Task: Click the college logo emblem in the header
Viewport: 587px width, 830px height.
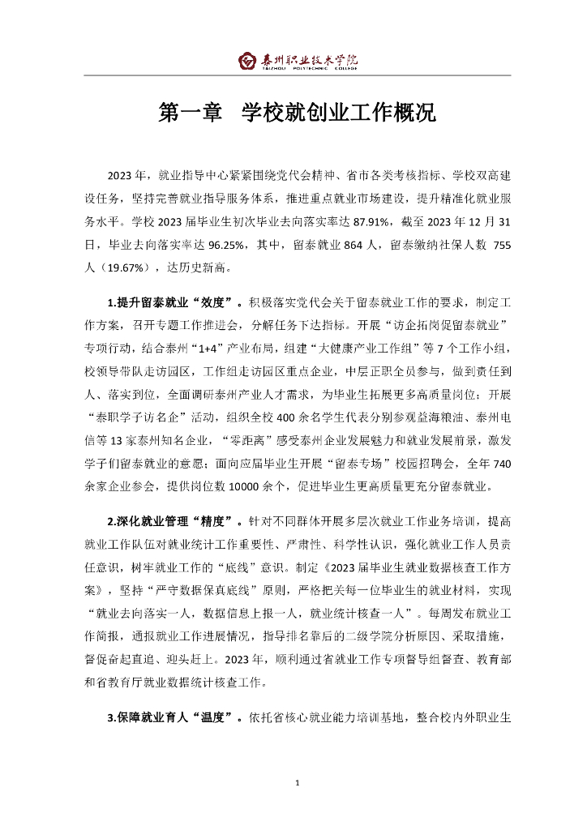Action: point(246,62)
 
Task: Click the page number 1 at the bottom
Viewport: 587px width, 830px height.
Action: point(298,782)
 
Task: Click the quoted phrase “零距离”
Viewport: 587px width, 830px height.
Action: point(248,440)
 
